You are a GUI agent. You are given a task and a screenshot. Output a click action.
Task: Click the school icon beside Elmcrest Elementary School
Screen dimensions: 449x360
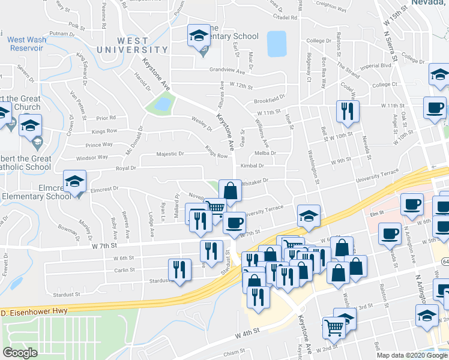75,181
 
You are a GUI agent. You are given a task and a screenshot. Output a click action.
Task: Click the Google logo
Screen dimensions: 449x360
20,352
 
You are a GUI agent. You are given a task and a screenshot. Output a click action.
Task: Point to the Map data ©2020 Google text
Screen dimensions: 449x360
412,354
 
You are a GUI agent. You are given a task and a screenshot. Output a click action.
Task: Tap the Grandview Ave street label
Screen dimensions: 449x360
228,70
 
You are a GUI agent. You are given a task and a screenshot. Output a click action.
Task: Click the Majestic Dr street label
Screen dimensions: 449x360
170,154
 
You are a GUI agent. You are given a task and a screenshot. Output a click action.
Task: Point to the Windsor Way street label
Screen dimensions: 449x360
92,158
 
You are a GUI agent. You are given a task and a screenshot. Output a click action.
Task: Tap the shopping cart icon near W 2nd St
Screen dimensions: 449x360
334,328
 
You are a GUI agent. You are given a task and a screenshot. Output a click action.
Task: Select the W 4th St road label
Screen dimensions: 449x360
247,332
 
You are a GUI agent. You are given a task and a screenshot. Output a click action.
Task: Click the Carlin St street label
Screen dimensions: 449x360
123,271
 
